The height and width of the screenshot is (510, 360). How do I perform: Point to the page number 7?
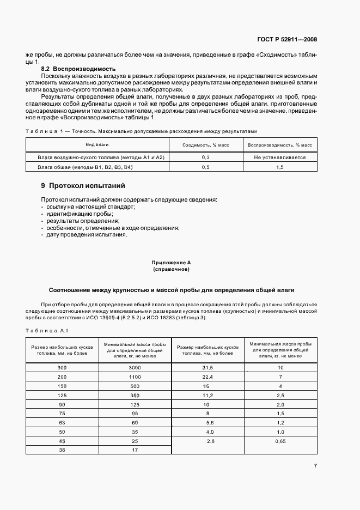click(315, 465)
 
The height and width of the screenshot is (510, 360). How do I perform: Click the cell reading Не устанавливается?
click(279, 157)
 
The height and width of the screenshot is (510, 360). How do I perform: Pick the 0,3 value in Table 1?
click(206, 157)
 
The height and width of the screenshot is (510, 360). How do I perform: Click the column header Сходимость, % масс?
click(206, 145)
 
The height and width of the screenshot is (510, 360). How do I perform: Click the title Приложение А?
click(171, 263)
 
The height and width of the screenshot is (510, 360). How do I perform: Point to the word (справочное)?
click(171, 269)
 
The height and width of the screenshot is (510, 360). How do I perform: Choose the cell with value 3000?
click(135, 368)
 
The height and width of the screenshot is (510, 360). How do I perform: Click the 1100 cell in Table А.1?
click(135, 377)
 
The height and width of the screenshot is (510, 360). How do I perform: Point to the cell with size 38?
click(62, 450)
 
